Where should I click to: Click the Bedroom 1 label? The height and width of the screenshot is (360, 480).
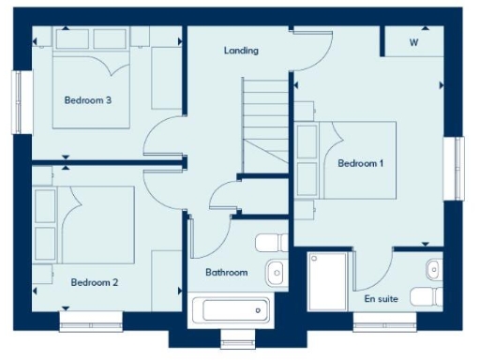(361, 163)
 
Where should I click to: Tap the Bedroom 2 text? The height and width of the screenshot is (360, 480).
(94, 281)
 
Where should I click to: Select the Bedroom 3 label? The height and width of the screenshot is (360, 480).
(82, 99)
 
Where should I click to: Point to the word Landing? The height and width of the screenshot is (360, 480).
(241, 51)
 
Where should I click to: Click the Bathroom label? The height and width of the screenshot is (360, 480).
(227, 273)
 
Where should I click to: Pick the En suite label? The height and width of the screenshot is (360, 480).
(381, 299)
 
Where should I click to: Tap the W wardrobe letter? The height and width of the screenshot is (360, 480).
(413, 43)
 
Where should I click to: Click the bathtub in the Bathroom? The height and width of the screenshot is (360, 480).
(230, 309)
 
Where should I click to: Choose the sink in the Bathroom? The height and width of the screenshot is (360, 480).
(275, 273)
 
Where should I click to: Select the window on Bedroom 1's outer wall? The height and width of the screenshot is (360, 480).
(459, 169)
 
